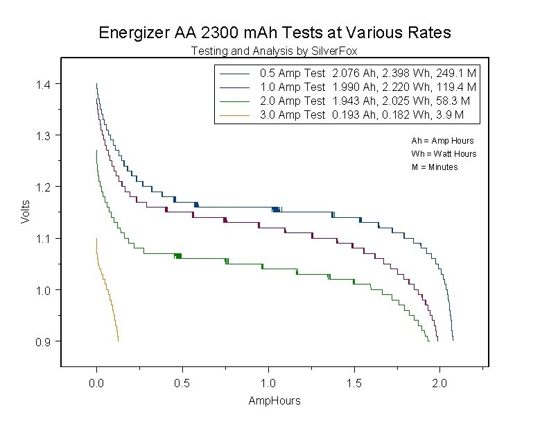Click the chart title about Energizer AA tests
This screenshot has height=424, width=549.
274,32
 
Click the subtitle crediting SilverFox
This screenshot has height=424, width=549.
274,51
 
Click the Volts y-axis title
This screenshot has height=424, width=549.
25,212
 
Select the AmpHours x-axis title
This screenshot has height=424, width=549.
274,401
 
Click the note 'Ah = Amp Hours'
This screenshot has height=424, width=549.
442,140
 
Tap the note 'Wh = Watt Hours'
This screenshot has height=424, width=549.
444,153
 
